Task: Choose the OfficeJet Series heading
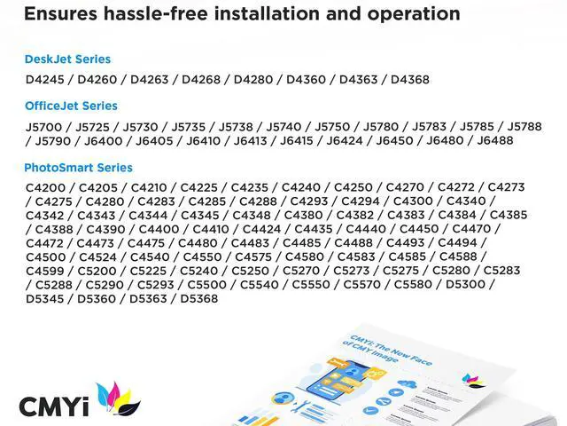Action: pyautogui.click(x=71, y=106)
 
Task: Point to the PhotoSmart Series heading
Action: pyautogui.click(x=78, y=168)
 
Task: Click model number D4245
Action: pyautogui.click(x=43, y=79)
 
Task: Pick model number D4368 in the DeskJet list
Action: pyautogui.click(x=410, y=79)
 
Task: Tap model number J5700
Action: pyautogui.click(x=45, y=127)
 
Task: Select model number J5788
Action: pyautogui.click(x=524, y=127)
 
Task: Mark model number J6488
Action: pyautogui.click(x=495, y=140)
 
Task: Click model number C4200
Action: pyautogui.click(x=45, y=187)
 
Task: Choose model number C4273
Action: pyautogui.click(x=506, y=187)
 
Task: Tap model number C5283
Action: pyautogui.click(x=502, y=271)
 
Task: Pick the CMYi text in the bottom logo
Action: pyautogui.click(x=54, y=406)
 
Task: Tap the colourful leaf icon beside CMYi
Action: pyautogui.click(x=118, y=399)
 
